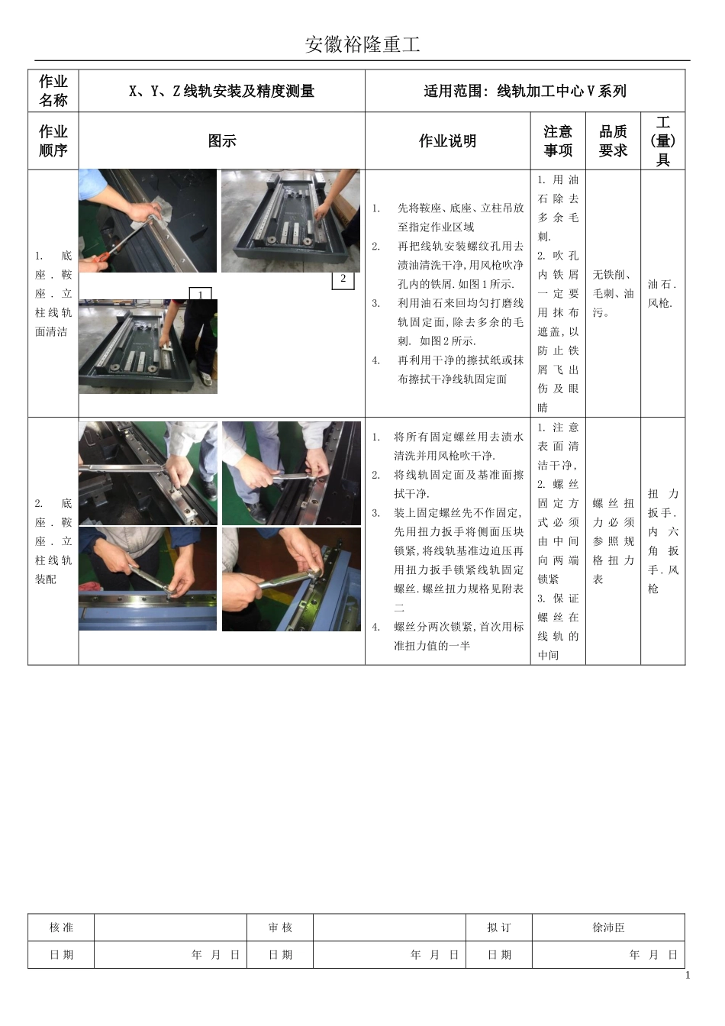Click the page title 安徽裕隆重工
click(x=362, y=44)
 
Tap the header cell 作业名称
click(x=53, y=91)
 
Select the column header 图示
click(x=222, y=141)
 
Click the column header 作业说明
click(x=447, y=141)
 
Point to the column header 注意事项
click(x=558, y=141)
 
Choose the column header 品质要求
click(x=613, y=141)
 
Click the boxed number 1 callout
click(x=200, y=295)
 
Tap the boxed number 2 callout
click(x=343, y=279)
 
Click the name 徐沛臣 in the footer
click(x=608, y=928)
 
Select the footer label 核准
click(x=61, y=928)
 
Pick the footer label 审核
click(x=280, y=928)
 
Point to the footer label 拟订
click(x=499, y=928)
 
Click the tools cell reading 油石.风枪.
click(x=662, y=294)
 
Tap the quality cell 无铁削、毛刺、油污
click(x=613, y=293)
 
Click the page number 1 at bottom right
click(x=687, y=975)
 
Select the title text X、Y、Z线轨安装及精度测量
click(x=221, y=92)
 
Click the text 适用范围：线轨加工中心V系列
click(x=525, y=92)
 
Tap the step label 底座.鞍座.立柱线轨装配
click(x=53, y=541)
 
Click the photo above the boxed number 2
click(x=290, y=221)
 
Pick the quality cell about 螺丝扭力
click(x=613, y=541)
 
